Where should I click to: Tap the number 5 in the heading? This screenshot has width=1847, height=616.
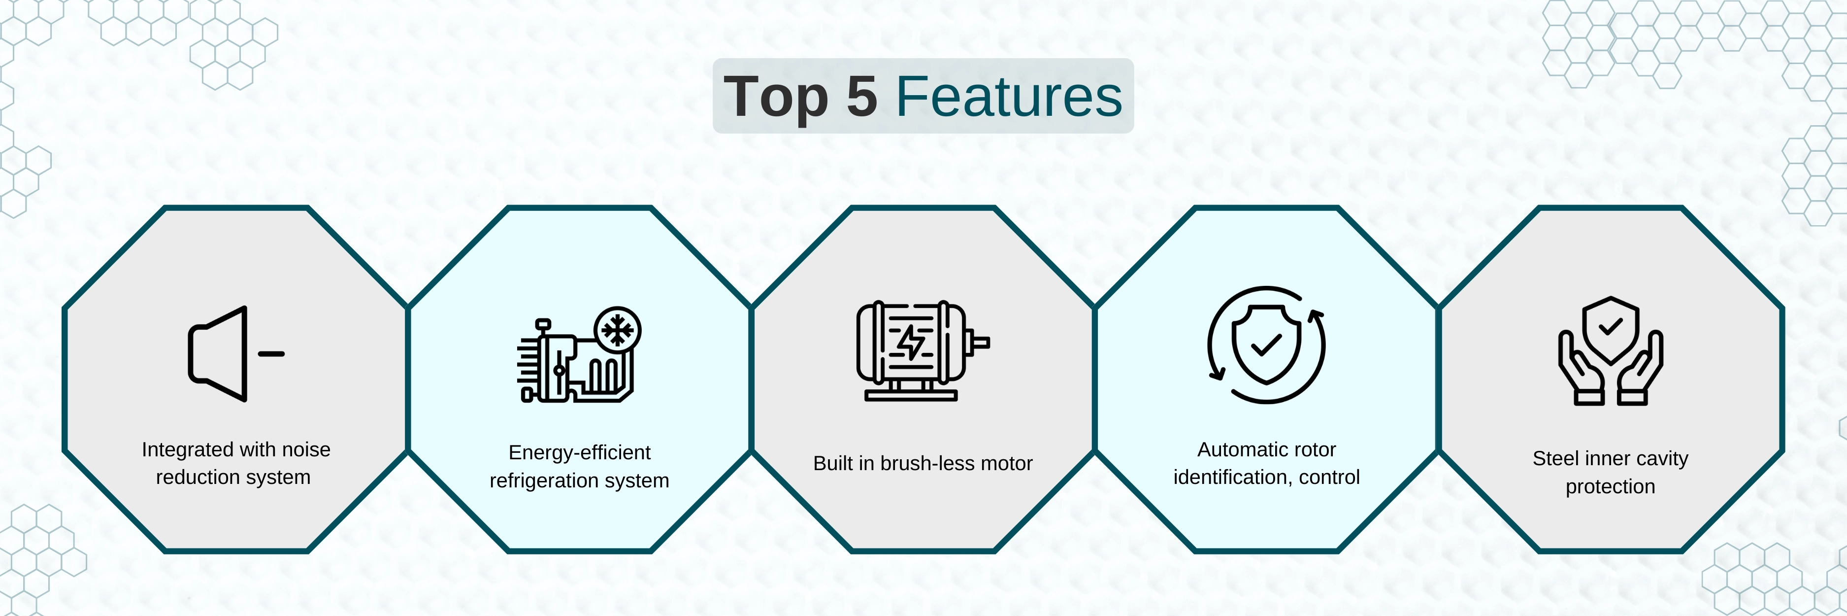click(x=862, y=96)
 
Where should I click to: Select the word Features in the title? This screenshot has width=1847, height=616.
click(x=1009, y=96)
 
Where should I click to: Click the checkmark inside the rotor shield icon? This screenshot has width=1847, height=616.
click(x=1266, y=345)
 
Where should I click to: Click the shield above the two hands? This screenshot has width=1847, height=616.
click(x=1611, y=330)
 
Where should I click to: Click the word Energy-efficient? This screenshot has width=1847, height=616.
click(x=579, y=452)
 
